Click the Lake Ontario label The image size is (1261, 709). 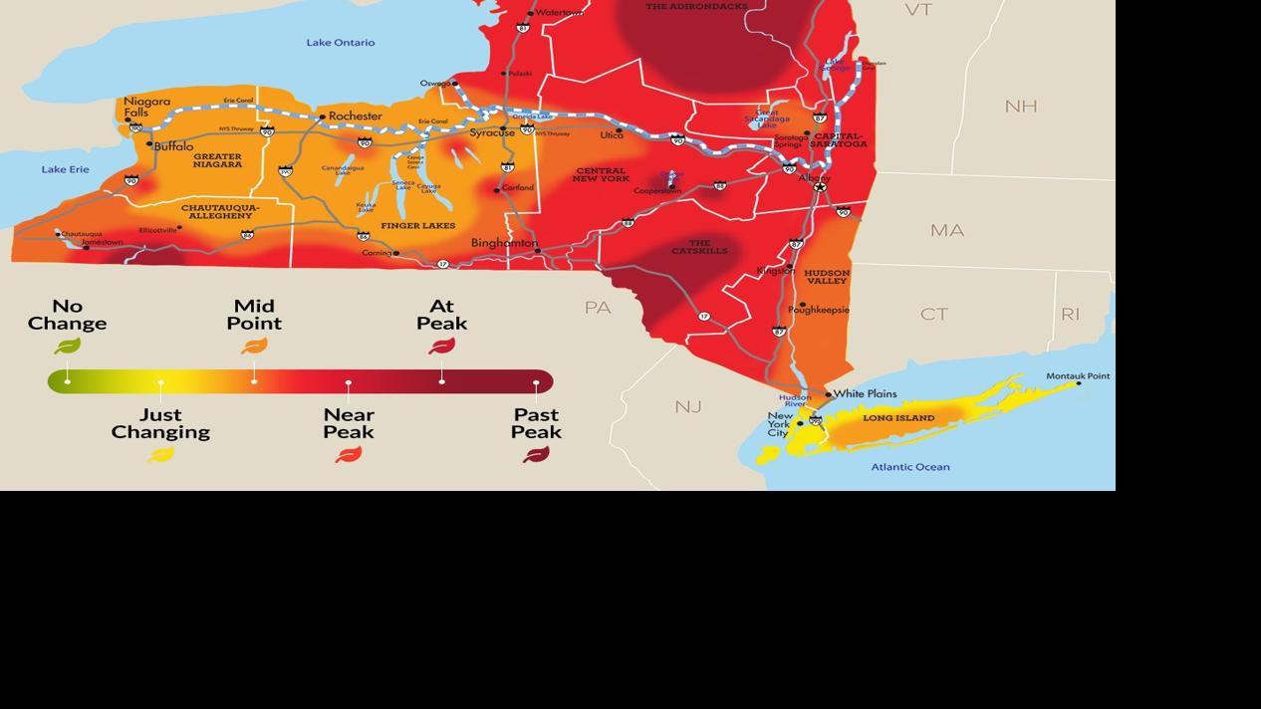click(341, 43)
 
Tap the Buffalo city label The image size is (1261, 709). click(174, 146)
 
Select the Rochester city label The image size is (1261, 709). click(355, 117)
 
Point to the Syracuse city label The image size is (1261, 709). click(492, 132)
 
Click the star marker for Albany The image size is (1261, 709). click(820, 186)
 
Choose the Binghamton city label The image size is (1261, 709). click(504, 243)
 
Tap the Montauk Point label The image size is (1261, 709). click(1078, 376)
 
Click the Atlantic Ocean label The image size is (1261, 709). click(910, 467)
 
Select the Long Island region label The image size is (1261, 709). click(898, 418)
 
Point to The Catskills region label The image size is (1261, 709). click(699, 247)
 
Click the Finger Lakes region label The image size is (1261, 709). click(417, 226)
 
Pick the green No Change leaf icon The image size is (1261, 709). click(67, 347)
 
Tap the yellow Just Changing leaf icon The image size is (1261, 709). click(160, 455)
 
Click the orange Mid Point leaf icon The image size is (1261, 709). click(254, 347)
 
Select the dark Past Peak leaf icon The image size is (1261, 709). click(536, 455)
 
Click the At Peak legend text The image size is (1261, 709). click(441, 315)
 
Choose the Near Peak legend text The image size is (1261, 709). click(349, 423)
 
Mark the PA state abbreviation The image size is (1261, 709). click(598, 308)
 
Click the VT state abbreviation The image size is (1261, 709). click(917, 10)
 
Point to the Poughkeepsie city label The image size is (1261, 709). click(819, 310)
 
